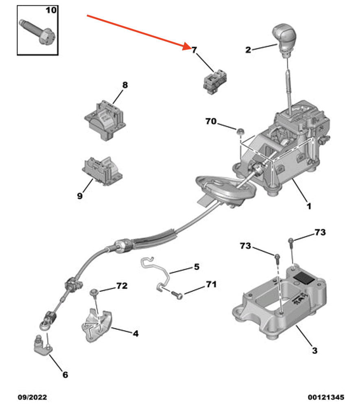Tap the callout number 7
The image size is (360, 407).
[194, 50]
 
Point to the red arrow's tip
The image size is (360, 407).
[190, 48]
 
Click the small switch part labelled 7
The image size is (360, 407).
[215, 82]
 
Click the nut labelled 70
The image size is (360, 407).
[240, 131]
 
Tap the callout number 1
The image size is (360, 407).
[309, 206]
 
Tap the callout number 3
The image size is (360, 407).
[314, 350]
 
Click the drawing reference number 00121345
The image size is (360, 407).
[325, 397]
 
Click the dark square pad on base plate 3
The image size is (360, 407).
[305, 278]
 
